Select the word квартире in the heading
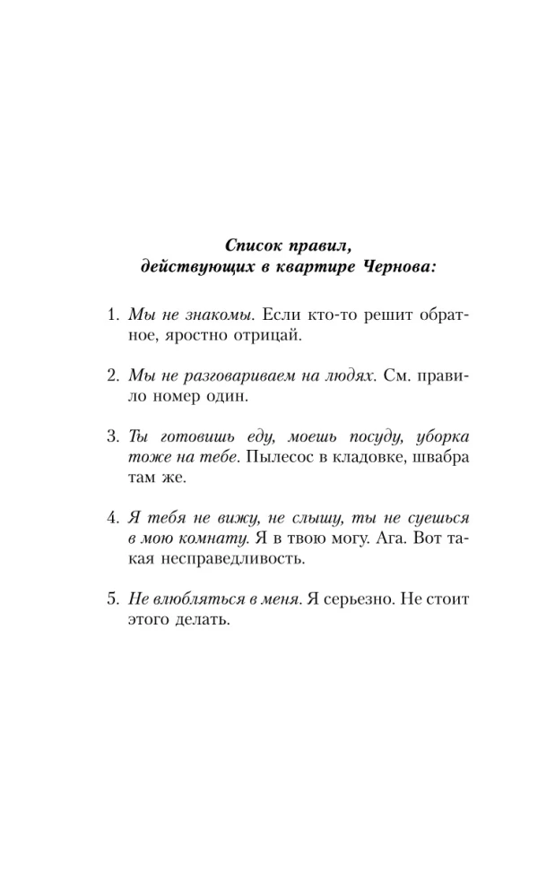(x=314, y=267)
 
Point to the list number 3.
(x=112, y=436)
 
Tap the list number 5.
(x=112, y=598)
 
